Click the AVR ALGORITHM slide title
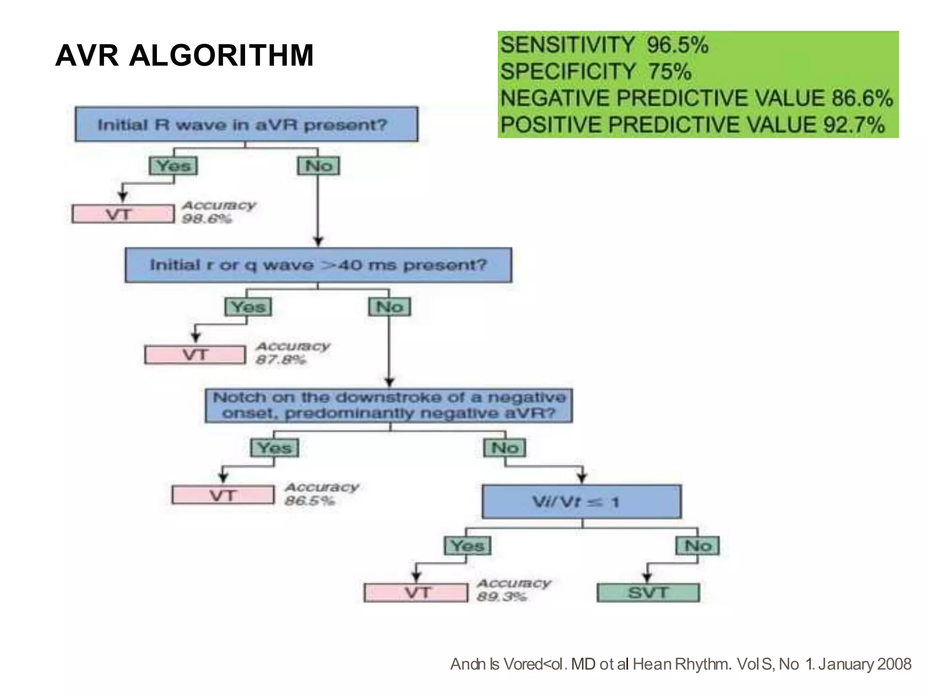[x=184, y=56]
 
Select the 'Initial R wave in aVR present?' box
[x=246, y=124]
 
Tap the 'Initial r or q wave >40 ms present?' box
[x=318, y=265]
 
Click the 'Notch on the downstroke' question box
[x=389, y=406]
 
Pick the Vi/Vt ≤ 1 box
[x=581, y=501]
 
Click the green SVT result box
[x=648, y=592]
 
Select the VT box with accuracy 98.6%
[x=123, y=214]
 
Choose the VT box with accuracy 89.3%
[x=416, y=592]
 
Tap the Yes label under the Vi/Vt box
[x=468, y=546]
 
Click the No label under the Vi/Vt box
[x=698, y=546]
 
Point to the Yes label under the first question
[x=173, y=165]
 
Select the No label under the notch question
[x=505, y=448]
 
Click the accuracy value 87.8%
[x=281, y=360]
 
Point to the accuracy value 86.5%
[x=310, y=501]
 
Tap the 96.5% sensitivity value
[x=677, y=45]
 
